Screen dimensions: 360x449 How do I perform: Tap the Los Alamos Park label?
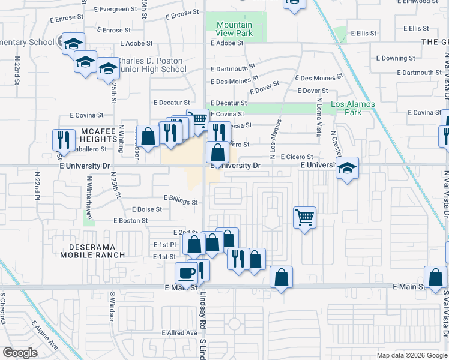coord(352,108)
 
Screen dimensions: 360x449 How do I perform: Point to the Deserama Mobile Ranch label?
coord(92,250)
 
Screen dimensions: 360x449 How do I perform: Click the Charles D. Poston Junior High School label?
coord(153,65)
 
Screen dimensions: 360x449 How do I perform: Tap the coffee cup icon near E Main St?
coord(186,273)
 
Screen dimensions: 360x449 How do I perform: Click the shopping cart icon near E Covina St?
coord(197,119)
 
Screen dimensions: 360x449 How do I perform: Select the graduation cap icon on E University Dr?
coord(348,167)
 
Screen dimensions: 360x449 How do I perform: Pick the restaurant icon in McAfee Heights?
coord(64,140)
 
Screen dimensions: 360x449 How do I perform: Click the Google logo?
coord(20,353)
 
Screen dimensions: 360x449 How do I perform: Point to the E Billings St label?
coord(181,202)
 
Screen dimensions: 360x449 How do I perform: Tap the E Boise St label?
coord(146,209)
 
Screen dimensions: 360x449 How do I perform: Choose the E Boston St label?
coord(131,221)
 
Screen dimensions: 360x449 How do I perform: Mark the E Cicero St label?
coord(297,157)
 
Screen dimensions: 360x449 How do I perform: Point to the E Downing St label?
coord(399,58)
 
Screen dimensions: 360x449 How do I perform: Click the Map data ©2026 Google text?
coord(412,355)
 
